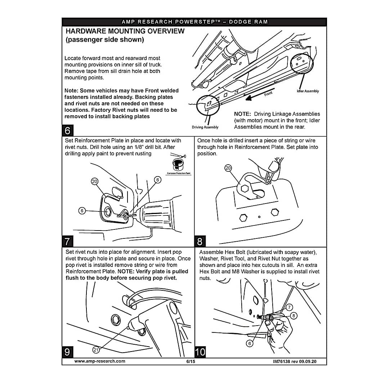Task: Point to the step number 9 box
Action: pyautogui.click(x=67, y=352)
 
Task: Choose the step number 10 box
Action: pyautogui.click(x=200, y=352)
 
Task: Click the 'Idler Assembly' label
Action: pyautogui.click(x=308, y=91)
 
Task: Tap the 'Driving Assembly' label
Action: pyautogui.click(x=205, y=127)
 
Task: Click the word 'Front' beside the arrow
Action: pyautogui.click(x=268, y=94)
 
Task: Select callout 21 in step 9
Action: pyautogui.click(x=96, y=350)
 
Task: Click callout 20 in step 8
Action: pyautogui.click(x=228, y=168)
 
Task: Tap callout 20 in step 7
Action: pyautogui.click(x=94, y=182)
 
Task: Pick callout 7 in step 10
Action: pyautogui.click(x=289, y=307)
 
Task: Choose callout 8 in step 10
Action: pyautogui.click(x=294, y=316)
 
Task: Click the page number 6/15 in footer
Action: pyautogui.click(x=191, y=361)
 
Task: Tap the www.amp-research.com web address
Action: pyautogui.click(x=100, y=361)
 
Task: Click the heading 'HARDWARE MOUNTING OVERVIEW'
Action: pyautogui.click(x=125, y=31)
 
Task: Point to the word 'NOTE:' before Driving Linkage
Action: pyautogui.click(x=242, y=114)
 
